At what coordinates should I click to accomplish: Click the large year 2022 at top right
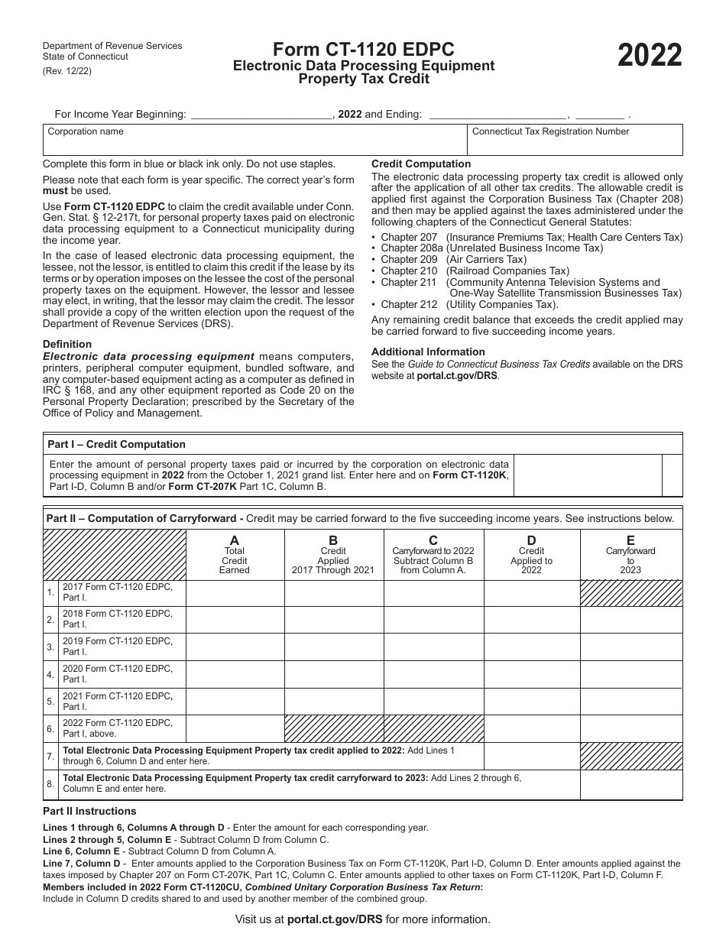click(650, 57)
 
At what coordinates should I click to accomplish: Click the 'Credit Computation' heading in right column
click(421, 164)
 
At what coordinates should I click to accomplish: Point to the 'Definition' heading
click(67, 345)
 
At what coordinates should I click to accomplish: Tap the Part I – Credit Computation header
click(116, 444)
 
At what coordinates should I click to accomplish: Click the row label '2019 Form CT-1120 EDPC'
click(118, 647)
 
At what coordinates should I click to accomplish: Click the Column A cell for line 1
click(235, 593)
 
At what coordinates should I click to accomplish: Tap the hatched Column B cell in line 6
click(334, 728)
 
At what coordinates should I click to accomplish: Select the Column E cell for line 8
click(630, 784)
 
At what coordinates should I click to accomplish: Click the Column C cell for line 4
click(433, 674)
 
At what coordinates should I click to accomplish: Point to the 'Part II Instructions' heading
click(89, 811)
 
